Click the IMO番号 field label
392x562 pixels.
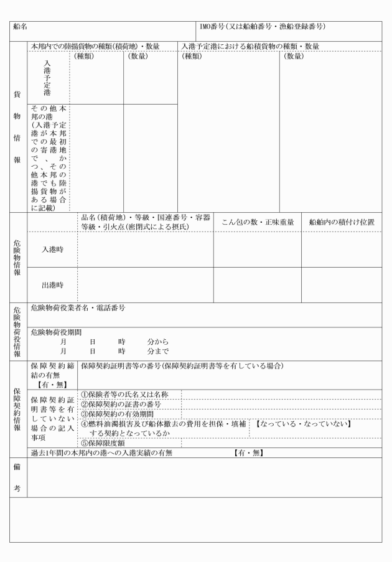[x=262, y=27]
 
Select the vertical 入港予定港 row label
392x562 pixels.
[x=47, y=77]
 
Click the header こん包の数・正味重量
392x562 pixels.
[x=258, y=222]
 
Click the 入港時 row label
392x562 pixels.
[x=52, y=250]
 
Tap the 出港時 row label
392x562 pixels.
[x=52, y=285]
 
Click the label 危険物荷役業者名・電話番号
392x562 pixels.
[x=77, y=308]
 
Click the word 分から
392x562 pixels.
[x=158, y=342]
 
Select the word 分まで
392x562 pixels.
[x=158, y=351]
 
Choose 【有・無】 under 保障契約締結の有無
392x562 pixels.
[x=52, y=384]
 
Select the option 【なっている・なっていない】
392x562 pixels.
[x=304, y=424]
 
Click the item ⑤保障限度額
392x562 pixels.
[x=104, y=444]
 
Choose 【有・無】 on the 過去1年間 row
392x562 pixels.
[x=248, y=453]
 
